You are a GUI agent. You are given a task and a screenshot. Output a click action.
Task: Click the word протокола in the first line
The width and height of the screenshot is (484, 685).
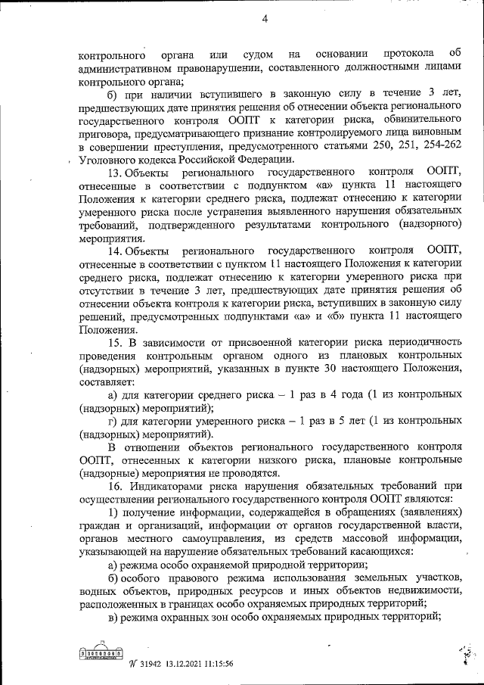(408, 54)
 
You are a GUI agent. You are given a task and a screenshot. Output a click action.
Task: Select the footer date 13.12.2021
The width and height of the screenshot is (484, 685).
(190, 664)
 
